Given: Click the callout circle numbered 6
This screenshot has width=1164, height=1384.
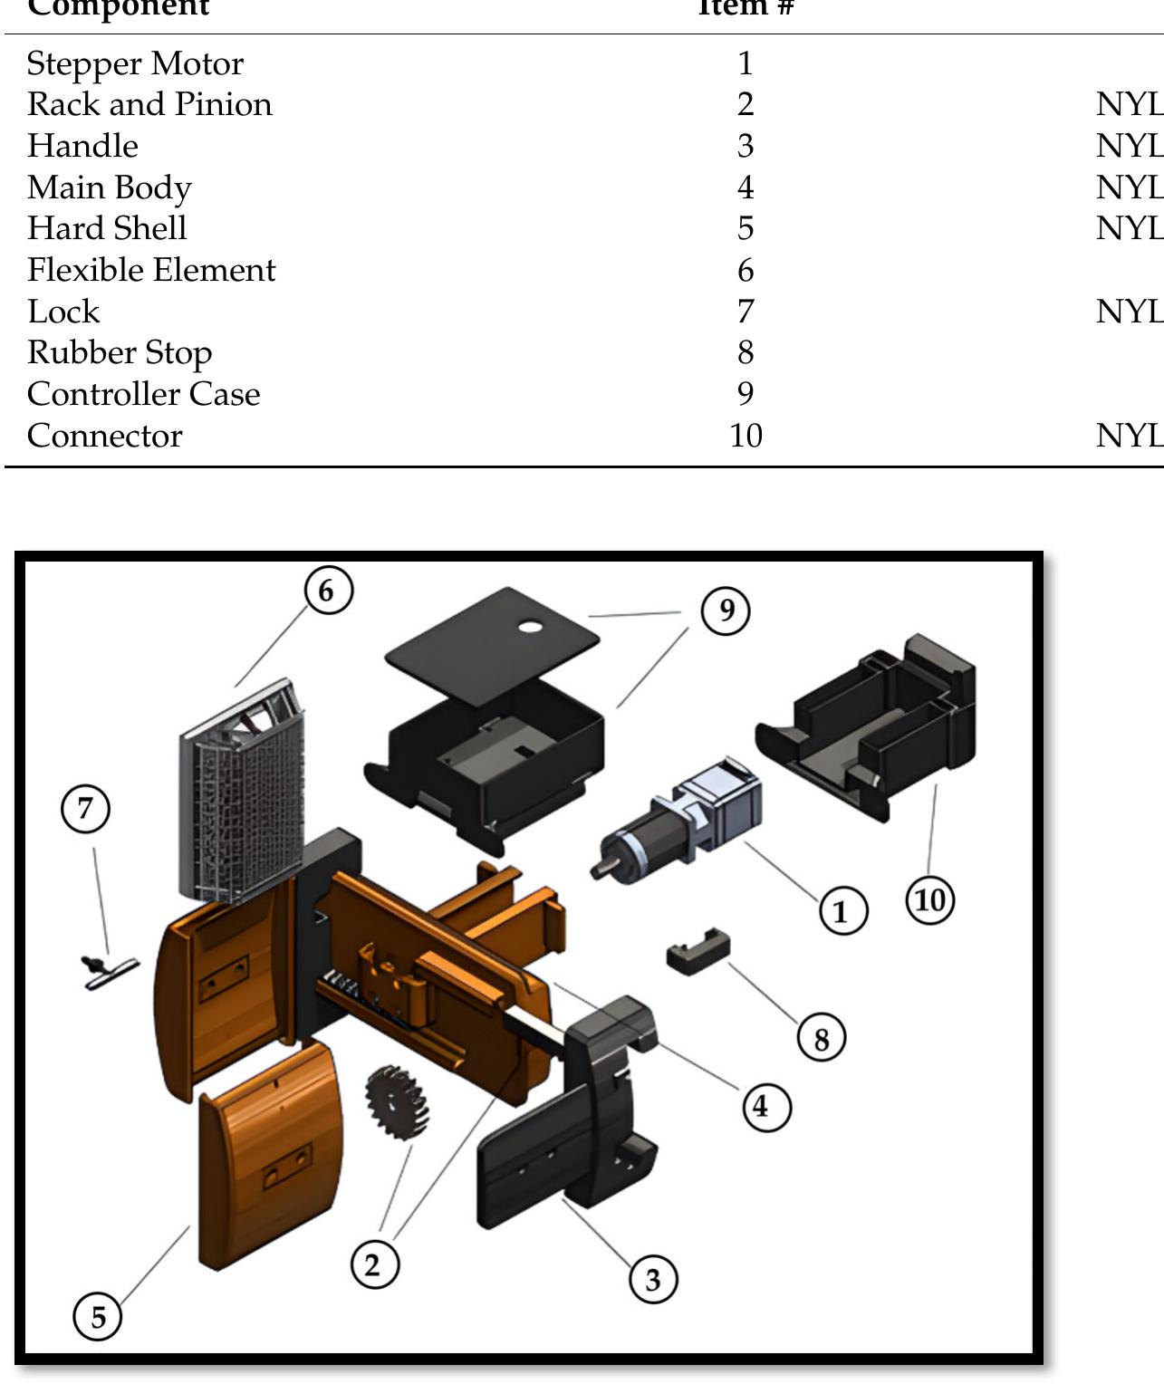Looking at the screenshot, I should pyautogui.click(x=328, y=590).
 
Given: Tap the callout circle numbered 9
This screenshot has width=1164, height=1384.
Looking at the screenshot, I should pyautogui.click(x=726, y=610).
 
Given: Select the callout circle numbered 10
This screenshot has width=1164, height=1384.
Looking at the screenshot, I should pyautogui.click(x=930, y=900).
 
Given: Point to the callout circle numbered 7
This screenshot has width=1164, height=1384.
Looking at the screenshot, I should pyautogui.click(x=86, y=808).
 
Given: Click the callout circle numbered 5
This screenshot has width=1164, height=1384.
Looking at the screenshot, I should pyautogui.click(x=98, y=1315).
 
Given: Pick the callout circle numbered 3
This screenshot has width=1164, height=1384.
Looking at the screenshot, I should pyautogui.click(x=653, y=1280).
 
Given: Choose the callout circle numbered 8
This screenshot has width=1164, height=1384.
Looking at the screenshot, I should pyautogui.click(x=822, y=1038).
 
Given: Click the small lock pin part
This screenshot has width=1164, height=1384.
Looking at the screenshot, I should pyautogui.click(x=107, y=971).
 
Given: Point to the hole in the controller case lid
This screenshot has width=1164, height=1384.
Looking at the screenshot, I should pyautogui.click(x=531, y=627).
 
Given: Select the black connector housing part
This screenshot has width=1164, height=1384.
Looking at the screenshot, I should pyautogui.click(x=874, y=725).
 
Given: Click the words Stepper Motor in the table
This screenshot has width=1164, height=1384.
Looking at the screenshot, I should pyautogui.click(x=135, y=63).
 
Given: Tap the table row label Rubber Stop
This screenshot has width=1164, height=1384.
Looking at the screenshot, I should pyautogui.click(x=120, y=352).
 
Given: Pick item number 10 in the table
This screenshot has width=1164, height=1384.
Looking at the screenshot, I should pyautogui.click(x=746, y=436).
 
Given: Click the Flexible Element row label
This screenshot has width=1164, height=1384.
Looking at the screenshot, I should pyautogui.click(x=151, y=270).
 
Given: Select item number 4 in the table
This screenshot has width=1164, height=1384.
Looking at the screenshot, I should pyautogui.click(x=746, y=187).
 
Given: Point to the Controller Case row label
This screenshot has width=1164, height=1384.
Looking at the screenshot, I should pyautogui.click(x=143, y=394).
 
